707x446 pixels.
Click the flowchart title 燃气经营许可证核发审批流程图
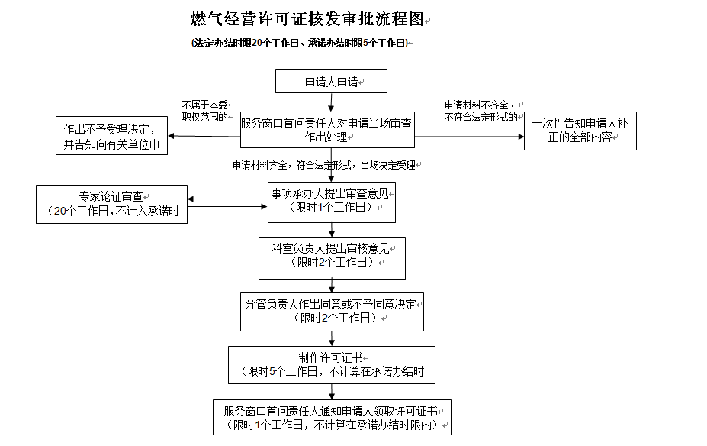307,19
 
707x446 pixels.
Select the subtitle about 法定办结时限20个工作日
300,43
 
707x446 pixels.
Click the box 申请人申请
332,81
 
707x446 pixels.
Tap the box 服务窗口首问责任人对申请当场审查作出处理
327,130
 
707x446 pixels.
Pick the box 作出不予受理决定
112,135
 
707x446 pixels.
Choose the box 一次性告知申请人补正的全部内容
580,131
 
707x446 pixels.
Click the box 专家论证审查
112,204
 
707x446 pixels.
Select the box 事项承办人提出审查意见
332,202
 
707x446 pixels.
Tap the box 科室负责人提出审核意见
332,258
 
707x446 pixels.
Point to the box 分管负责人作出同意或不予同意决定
332,312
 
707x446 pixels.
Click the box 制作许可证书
332,365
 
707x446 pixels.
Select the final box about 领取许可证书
332,418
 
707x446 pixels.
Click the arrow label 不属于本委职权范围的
205,111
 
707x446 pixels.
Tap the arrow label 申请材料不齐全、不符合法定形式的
481,111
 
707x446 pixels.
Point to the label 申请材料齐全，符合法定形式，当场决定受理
324,165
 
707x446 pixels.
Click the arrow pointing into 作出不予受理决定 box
204,136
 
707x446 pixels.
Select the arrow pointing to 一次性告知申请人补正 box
469,137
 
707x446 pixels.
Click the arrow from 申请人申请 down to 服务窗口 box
332,102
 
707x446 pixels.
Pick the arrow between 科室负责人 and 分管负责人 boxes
332,286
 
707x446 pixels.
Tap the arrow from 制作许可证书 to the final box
332,392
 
